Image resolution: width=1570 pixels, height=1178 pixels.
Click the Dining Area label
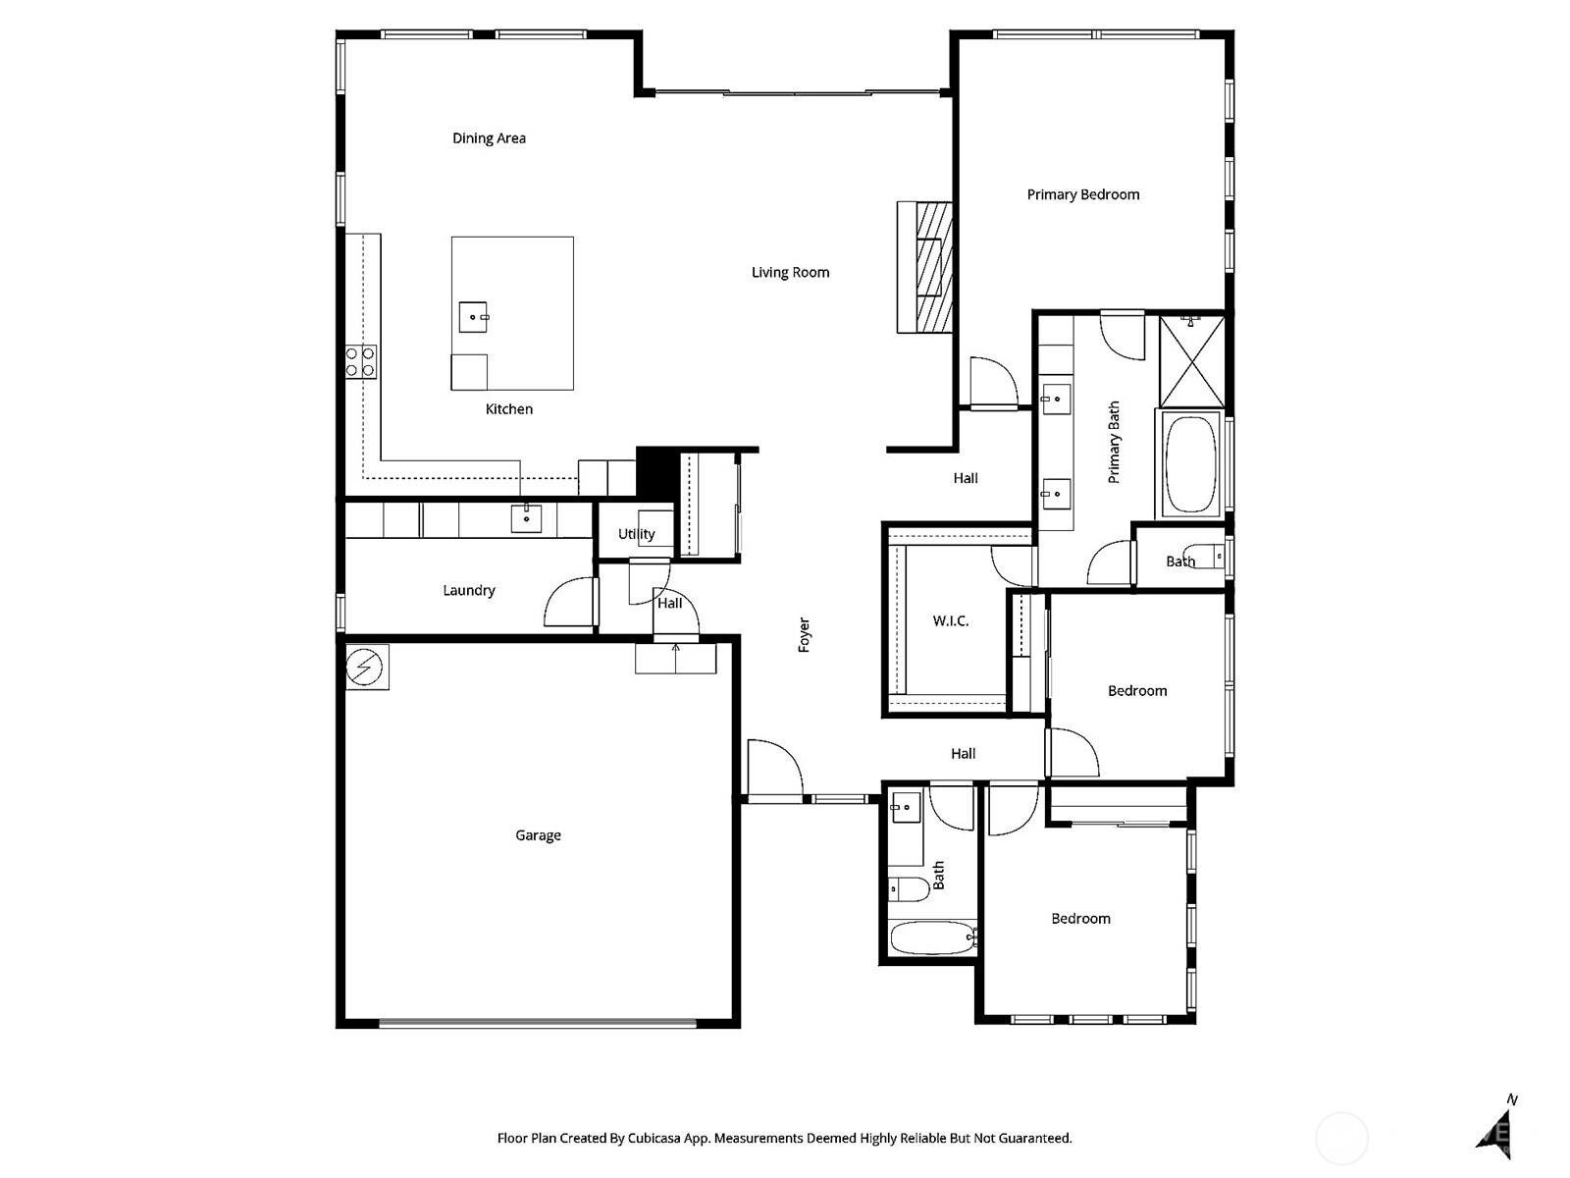[x=489, y=138]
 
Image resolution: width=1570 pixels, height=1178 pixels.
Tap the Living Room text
[x=790, y=273]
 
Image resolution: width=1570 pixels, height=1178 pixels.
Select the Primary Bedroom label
[x=1082, y=194]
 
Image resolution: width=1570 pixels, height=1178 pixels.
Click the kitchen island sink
[x=473, y=317]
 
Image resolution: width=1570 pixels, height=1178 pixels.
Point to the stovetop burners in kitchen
[x=360, y=361]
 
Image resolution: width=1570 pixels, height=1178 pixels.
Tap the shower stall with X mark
[x=1192, y=361]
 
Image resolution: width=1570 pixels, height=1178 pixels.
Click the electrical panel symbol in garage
[x=365, y=668]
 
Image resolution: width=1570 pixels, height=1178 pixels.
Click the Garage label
[x=538, y=835]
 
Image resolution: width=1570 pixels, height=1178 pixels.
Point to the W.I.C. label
[x=950, y=621]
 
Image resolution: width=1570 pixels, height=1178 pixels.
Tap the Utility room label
[x=636, y=534]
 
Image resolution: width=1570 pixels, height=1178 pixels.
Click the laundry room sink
[x=526, y=517]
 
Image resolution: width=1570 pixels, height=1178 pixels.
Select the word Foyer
[x=805, y=635]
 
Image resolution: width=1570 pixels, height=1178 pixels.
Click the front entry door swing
[x=774, y=769]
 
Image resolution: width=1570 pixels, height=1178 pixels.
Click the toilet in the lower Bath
[x=908, y=889]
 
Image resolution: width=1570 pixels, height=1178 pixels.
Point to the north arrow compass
[x=1496, y=1129]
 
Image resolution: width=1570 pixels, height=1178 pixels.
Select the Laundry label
[x=468, y=590]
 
